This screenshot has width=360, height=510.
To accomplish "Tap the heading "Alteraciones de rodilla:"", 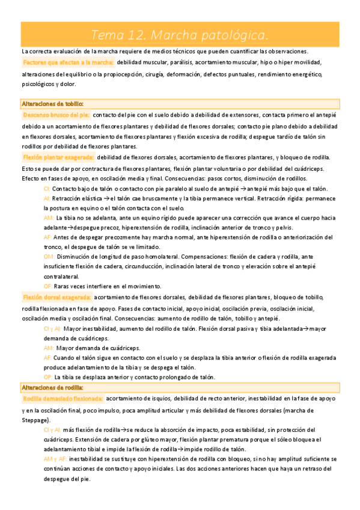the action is pyautogui.click(x=52, y=387).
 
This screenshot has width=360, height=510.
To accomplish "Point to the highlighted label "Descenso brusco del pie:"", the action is pyautogui.click(x=56, y=114).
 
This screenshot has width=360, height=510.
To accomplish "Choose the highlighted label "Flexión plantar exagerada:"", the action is pyautogui.click(x=58, y=158).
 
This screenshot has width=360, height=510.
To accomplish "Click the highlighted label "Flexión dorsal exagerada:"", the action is pyautogui.click(x=56, y=297).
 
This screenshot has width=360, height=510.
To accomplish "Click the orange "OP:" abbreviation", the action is pyautogui.click(x=49, y=376).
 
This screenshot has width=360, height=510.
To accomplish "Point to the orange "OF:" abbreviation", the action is pyautogui.click(x=48, y=286).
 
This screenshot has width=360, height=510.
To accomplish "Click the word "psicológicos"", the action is pyautogui.click(x=38, y=84).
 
